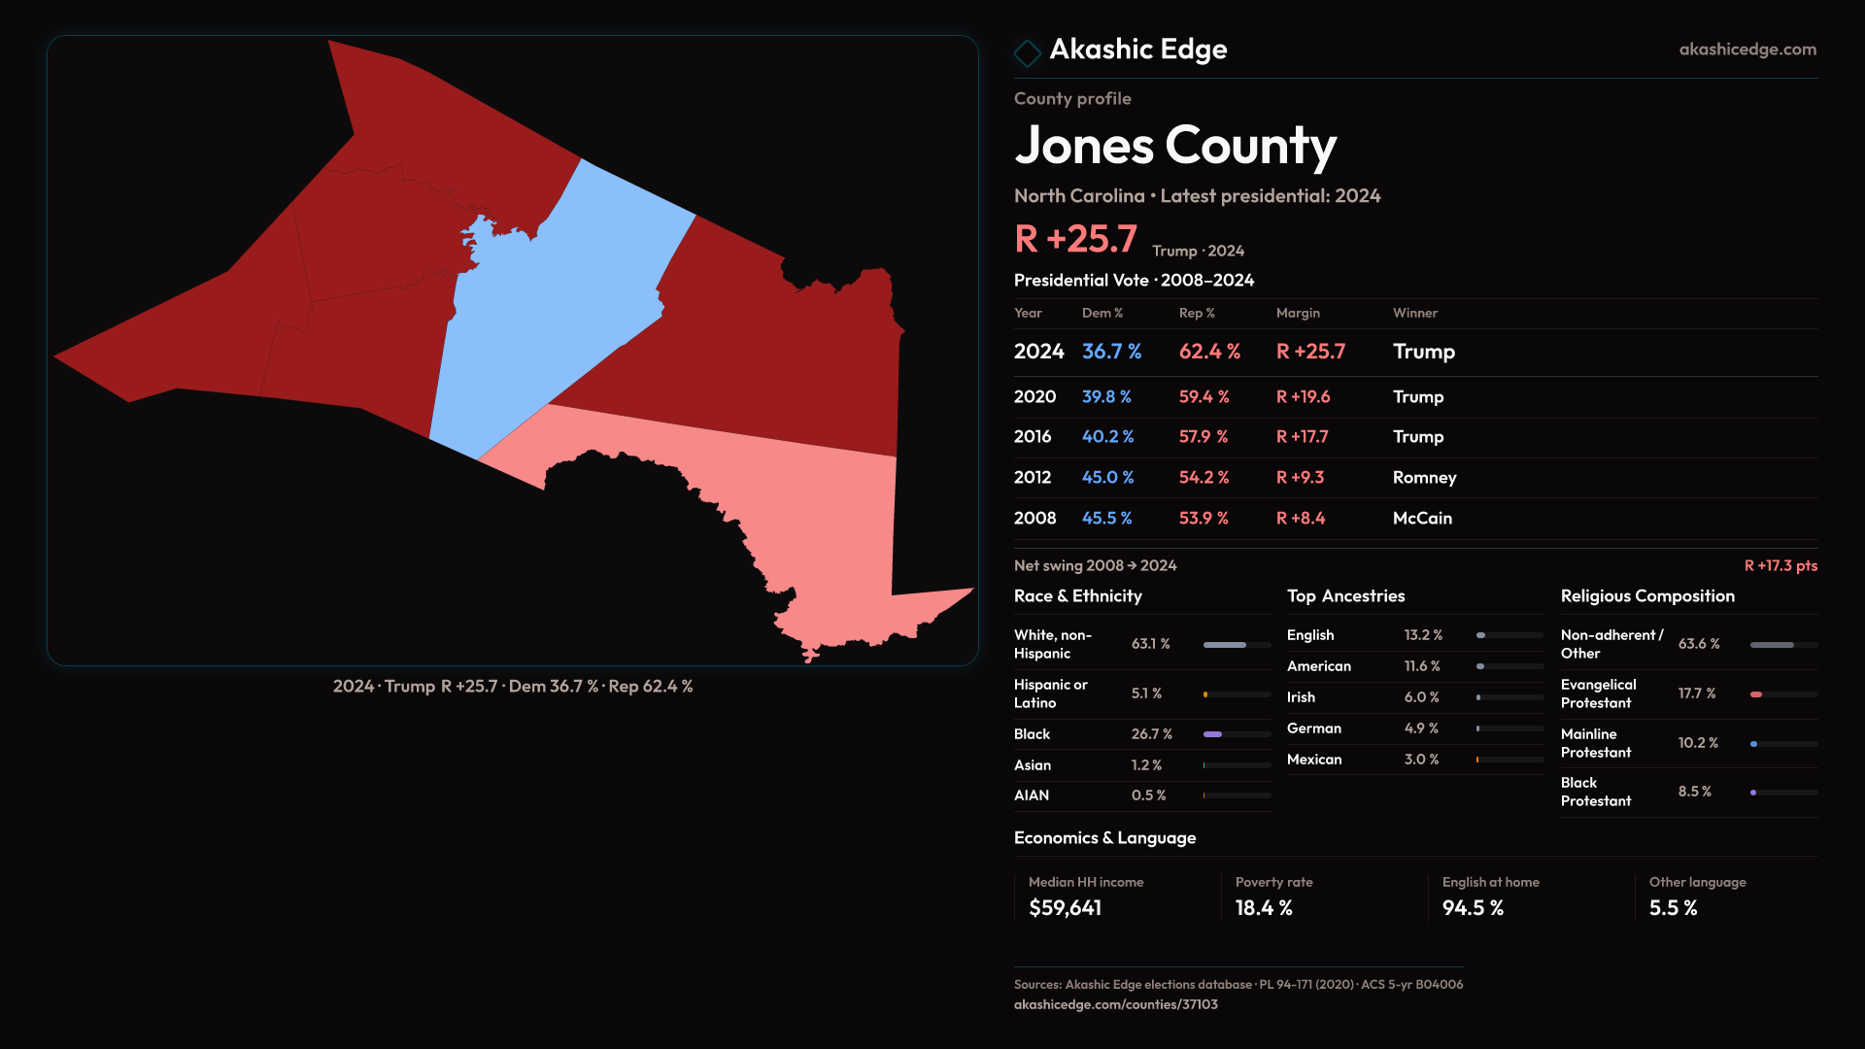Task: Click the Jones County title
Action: point(1175,146)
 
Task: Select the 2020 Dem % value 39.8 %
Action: point(1106,396)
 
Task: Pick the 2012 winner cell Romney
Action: point(1424,477)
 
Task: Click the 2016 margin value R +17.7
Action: point(1302,436)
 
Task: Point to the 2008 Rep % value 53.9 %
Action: point(1204,518)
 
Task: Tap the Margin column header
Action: point(1298,313)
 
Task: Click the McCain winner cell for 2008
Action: point(1422,518)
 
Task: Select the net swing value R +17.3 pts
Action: point(1780,565)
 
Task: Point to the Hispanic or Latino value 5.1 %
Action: point(1146,694)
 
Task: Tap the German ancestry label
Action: point(1314,728)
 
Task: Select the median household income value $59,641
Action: point(1066,908)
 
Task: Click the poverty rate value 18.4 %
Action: point(1264,908)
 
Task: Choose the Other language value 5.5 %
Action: point(1673,908)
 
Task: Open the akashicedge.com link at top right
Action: point(1747,49)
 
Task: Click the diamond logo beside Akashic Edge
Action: point(1027,51)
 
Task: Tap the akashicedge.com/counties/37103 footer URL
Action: point(1115,1004)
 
